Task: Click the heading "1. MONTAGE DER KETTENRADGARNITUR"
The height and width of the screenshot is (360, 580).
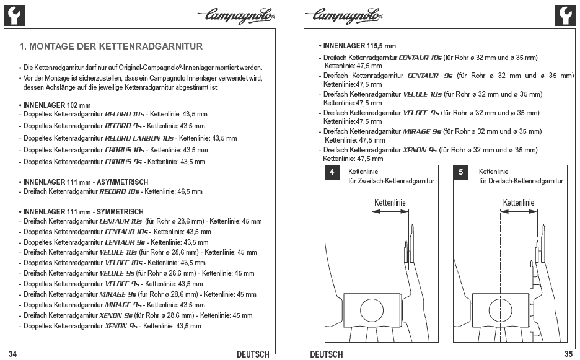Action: pyautogui.click(x=111, y=46)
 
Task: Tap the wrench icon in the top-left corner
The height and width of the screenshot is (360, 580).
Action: pyautogui.click(x=14, y=14)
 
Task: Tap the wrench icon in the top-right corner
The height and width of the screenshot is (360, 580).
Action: pyautogui.click(x=565, y=14)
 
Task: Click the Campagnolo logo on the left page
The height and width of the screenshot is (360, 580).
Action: pyautogui.click(x=237, y=13)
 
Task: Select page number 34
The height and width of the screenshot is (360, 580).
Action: pyautogui.click(x=12, y=354)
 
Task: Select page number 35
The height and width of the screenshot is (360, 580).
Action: pyautogui.click(x=568, y=354)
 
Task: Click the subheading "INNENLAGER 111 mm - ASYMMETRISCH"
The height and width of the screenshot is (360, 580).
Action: pyautogui.click(x=83, y=182)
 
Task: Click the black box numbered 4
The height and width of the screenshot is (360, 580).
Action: pyautogui.click(x=333, y=172)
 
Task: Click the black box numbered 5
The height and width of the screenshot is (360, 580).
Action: pyautogui.click(x=460, y=172)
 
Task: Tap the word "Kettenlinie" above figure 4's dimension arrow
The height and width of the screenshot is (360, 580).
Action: pyautogui.click(x=390, y=203)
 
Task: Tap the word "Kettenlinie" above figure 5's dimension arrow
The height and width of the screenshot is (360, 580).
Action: pyautogui.click(x=519, y=203)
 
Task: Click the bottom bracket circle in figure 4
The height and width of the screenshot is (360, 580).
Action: pyautogui.click(x=371, y=309)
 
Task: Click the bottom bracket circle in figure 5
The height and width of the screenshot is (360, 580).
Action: pyautogui.click(x=499, y=309)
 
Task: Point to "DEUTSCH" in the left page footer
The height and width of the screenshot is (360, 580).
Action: pyautogui.click(x=253, y=354)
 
